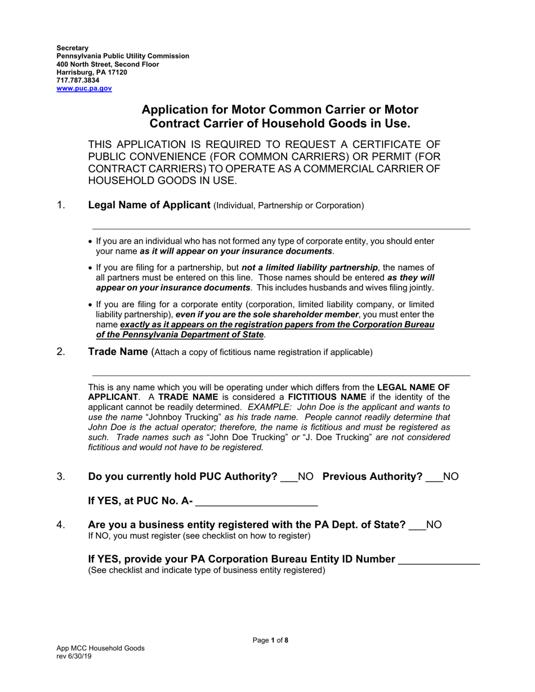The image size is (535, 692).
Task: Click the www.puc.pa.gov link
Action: click(x=84, y=88)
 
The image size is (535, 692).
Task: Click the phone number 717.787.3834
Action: click(x=78, y=80)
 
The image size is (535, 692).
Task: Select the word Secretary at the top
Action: click(x=72, y=48)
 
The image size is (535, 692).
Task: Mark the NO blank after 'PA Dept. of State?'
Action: click(x=417, y=526)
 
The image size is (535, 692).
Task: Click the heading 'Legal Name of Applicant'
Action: click(x=149, y=205)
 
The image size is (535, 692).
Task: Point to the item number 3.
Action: click(x=61, y=477)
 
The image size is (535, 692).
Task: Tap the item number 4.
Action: click(x=61, y=525)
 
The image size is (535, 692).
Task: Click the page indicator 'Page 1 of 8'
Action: click(x=270, y=640)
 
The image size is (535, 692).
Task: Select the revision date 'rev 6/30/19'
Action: click(x=74, y=656)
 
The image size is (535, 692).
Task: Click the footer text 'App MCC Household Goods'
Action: click(x=100, y=648)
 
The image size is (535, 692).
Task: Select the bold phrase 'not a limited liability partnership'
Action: click(x=310, y=268)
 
